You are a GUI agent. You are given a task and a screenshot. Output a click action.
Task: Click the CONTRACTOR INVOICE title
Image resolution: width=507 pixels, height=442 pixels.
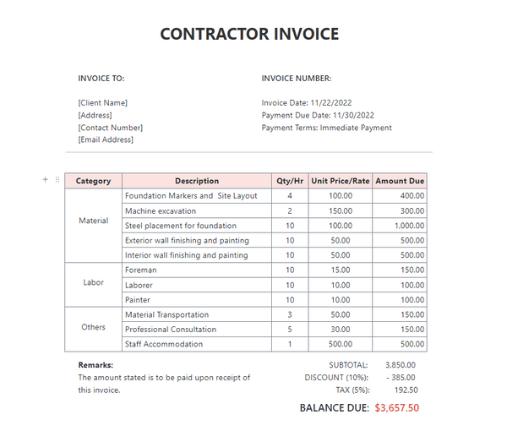click(x=249, y=35)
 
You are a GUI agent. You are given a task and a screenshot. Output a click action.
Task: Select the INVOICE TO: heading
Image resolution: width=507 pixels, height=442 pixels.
click(x=101, y=79)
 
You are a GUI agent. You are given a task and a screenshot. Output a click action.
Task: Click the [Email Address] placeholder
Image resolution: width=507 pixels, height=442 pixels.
click(x=106, y=139)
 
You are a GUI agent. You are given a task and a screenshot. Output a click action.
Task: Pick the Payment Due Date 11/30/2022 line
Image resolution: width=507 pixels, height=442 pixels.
click(x=318, y=115)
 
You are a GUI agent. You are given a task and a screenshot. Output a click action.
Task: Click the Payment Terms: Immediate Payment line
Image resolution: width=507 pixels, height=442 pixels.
click(x=326, y=128)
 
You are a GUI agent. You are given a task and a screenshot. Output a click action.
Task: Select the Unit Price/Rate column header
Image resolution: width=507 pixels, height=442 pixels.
click(x=341, y=181)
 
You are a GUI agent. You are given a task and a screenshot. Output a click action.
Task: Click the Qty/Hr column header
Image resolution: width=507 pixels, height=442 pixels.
click(x=290, y=181)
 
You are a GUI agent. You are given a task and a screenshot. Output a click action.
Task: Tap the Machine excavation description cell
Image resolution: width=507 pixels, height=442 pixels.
click(x=161, y=210)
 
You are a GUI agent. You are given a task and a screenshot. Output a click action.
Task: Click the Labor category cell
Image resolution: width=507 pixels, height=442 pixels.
click(x=94, y=284)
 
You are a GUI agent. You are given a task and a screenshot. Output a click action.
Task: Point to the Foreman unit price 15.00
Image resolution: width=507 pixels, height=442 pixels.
click(x=341, y=270)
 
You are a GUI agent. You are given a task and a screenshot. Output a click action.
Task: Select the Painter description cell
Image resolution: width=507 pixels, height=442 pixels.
click(x=139, y=299)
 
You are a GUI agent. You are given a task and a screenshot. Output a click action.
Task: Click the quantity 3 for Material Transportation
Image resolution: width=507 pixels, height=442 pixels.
click(x=290, y=314)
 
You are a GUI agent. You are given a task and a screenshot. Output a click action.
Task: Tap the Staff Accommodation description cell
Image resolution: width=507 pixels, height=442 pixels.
click(x=164, y=344)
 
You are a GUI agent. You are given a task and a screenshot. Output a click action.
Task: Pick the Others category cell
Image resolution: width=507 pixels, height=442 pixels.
click(x=94, y=327)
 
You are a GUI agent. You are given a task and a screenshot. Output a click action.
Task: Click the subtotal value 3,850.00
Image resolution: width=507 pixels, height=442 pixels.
click(x=400, y=365)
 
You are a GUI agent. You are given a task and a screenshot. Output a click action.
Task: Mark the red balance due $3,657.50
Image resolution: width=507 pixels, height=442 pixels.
click(x=396, y=407)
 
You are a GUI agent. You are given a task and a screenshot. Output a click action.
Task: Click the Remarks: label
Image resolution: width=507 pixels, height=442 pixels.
click(x=95, y=365)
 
